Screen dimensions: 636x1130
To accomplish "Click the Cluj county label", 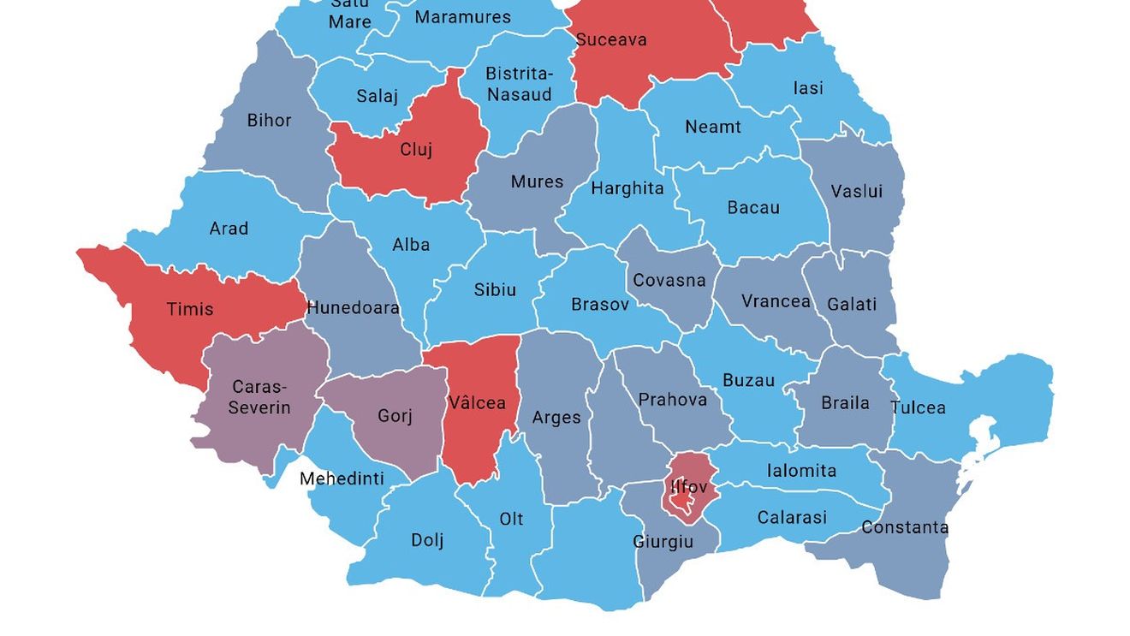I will pyautogui.click(x=416, y=150).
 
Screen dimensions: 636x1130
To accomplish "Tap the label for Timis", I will pyautogui.click(x=190, y=309).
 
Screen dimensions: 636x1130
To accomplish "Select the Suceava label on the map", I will pyautogui.click(x=611, y=39).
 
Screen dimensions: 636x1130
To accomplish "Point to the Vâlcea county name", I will pyautogui.click(x=477, y=402).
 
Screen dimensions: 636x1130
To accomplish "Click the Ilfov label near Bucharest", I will pyautogui.click(x=689, y=487).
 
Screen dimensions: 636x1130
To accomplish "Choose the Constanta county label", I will pyautogui.click(x=905, y=527).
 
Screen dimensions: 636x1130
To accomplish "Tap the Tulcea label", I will pyautogui.click(x=918, y=407).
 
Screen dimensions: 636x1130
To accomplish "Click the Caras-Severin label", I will pyautogui.click(x=259, y=397).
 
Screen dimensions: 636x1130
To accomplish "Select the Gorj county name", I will pyautogui.click(x=395, y=416).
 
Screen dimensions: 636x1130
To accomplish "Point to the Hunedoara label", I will pyautogui.click(x=353, y=307).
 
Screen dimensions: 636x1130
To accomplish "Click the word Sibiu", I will pyautogui.click(x=495, y=289).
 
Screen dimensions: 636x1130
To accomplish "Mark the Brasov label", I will pyautogui.click(x=599, y=304).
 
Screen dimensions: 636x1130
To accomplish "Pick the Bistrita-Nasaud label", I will pyautogui.click(x=519, y=84).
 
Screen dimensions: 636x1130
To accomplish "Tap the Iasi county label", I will pyautogui.click(x=808, y=87).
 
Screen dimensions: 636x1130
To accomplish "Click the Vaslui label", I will pyautogui.click(x=856, y=191).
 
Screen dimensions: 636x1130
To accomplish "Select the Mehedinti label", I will pyautogui.click(x=342, y=478).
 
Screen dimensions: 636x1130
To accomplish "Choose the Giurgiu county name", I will pyautogui.click(x=663, y=542).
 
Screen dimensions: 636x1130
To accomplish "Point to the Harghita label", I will pyautogui.click(x=627, y=188).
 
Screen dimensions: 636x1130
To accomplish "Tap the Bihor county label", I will pyautogui.click(x=269, y=120).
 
